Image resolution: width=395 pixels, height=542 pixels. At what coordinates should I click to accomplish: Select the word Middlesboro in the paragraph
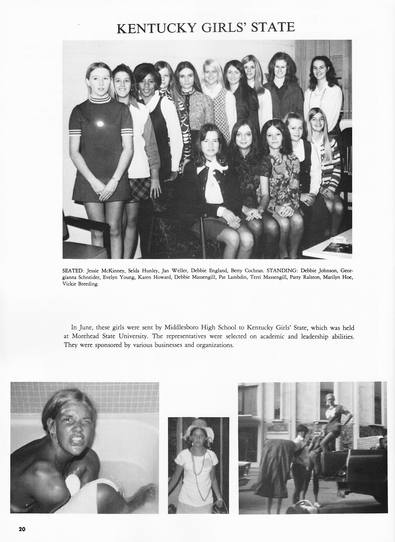pyautogui.click(x=182, y=328)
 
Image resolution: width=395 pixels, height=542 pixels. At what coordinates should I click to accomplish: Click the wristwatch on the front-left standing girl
pyautogui.click(x=115, y=179)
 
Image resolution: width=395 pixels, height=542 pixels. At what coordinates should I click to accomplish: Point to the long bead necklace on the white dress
pyautogui.click(x=198, y=467)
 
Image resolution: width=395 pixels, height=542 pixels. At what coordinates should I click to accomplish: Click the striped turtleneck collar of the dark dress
pyautogui.click(x=99, y=99)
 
